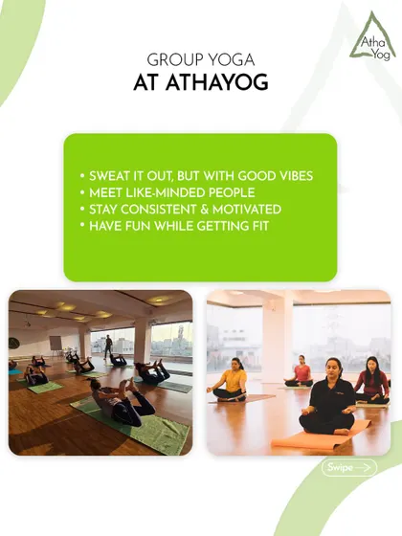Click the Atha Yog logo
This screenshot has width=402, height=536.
[x=372, y=36]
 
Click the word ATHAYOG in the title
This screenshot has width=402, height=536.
[x=216, y=82]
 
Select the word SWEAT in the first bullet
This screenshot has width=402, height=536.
[x=110, y=176]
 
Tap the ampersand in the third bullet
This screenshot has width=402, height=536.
[x=205, y=210]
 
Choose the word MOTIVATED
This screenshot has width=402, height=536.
[x=247, y=210]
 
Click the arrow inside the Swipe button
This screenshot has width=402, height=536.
[x=362, y=467]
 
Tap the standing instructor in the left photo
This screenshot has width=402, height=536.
[x=107, y=346]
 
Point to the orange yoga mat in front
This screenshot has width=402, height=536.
[x=321, y=435]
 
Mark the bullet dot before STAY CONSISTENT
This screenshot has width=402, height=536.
[x=82, y=210]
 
